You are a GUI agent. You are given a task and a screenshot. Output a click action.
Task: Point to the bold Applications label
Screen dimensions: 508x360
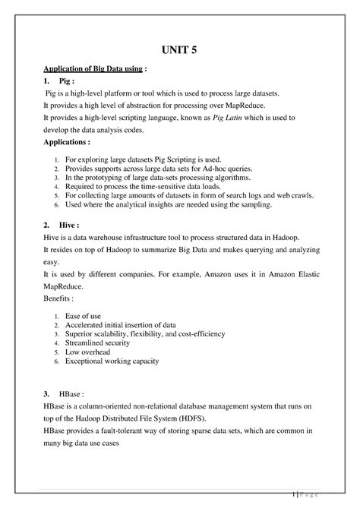tap(76, 142)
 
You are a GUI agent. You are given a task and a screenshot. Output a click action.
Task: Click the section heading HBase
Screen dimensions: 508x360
tap(73, 394)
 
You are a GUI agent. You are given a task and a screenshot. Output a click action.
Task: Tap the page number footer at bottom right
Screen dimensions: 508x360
tap(308, 494)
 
